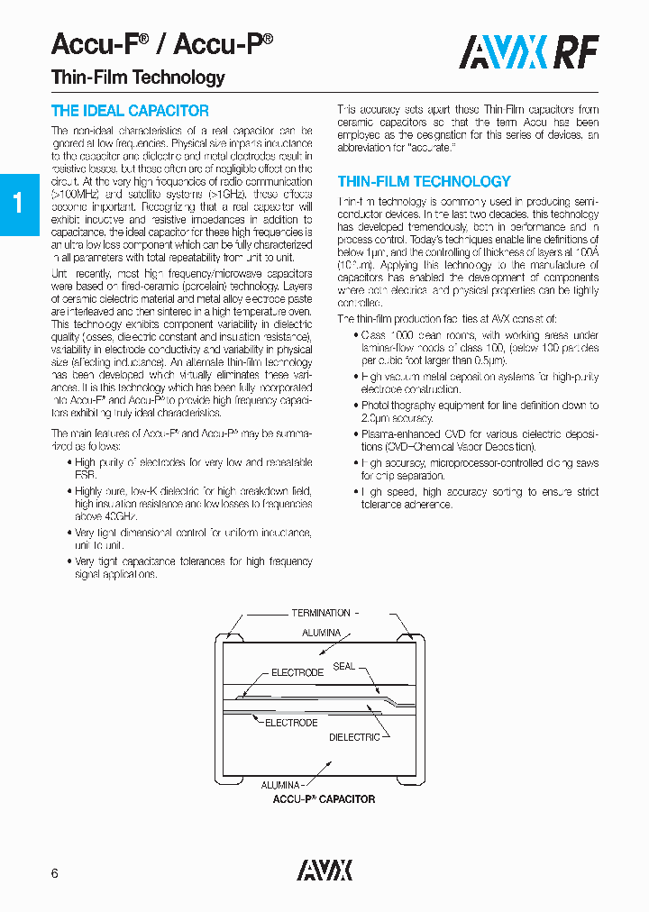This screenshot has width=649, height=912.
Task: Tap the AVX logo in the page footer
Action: [x=324, y=870]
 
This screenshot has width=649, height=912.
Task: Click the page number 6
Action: [x=55, y=873]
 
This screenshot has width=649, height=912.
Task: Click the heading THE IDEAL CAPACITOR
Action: [x=130, y=111]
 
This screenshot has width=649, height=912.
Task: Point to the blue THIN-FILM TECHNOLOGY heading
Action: [x=424, y=181]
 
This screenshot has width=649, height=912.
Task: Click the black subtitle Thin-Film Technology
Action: [x=138, y=78]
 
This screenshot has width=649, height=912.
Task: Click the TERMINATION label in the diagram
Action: [x=321, y=613]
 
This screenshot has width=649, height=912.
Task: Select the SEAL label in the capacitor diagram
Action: [x=343, y=666]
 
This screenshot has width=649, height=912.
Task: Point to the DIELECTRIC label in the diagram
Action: [x=354, y=737]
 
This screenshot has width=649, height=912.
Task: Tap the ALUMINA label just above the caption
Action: [x=281, y=784]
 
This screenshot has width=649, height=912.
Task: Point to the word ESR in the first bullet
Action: [x=86, y=474]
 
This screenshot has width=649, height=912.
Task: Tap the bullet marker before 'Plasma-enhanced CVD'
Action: [x=353, y=433]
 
